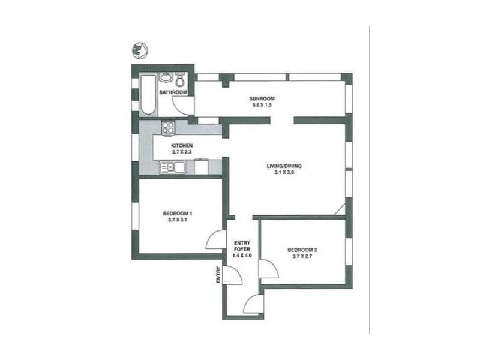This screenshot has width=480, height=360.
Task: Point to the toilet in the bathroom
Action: [x=179, y=80]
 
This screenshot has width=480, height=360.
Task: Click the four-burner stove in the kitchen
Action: [x=169, y=127]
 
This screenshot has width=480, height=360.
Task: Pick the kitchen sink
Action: [x=168, y=168]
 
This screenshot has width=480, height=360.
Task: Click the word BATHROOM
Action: [x=173, y=92]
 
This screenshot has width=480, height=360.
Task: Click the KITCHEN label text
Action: [x=182, y=146]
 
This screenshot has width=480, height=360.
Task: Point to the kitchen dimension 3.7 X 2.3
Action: [x=182, y=152]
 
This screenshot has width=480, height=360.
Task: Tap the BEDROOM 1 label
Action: [x=178, y=213]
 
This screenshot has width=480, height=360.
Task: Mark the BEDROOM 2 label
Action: [x=302, y=250]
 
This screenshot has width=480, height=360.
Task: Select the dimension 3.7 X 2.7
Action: [x=302, y=257]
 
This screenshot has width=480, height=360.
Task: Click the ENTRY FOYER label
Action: [x=242, y=245]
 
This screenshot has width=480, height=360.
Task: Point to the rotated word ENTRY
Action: [x=218, y=275]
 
